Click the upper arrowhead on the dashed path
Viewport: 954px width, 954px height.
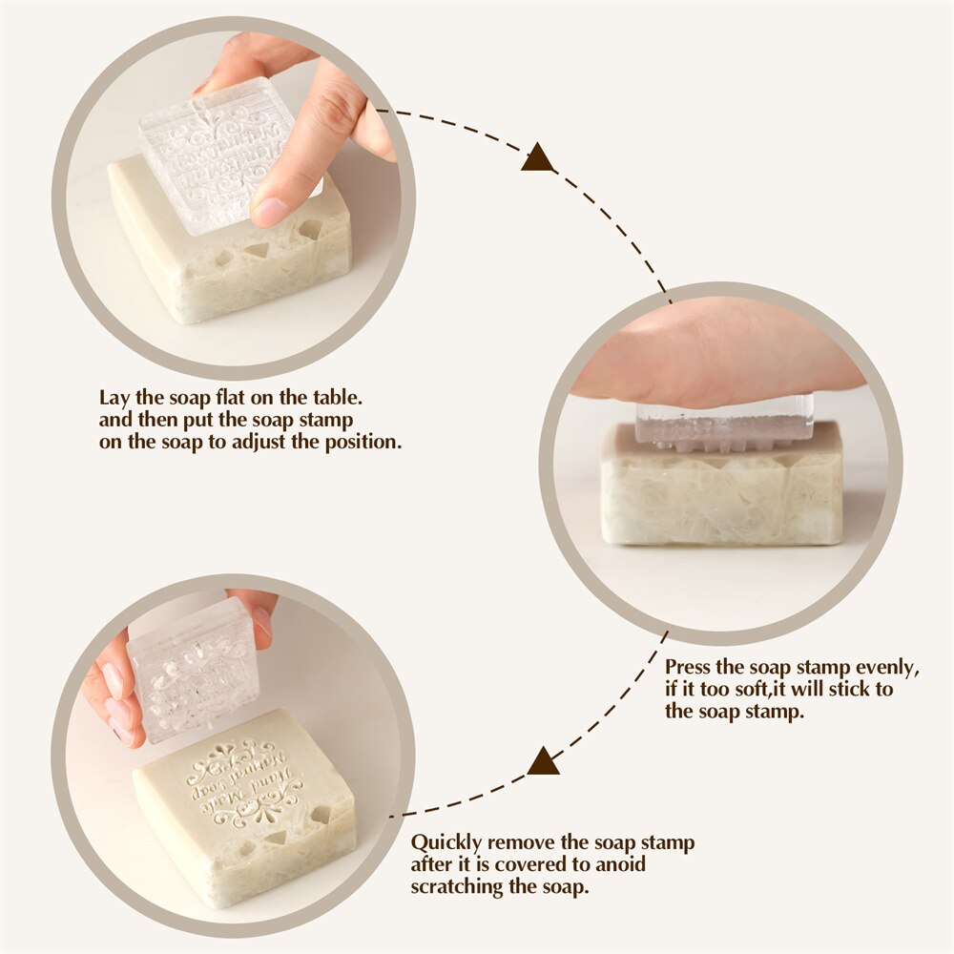click(537, 157)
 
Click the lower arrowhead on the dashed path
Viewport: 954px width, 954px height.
click(543, 761)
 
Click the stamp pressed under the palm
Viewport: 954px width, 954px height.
click(725, 426)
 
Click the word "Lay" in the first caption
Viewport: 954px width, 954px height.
click(115, 396)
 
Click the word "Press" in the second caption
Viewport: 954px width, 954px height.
click(689, 666)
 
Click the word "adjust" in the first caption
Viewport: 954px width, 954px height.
click(264, 443)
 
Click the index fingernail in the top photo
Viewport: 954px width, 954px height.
click(269, 210)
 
